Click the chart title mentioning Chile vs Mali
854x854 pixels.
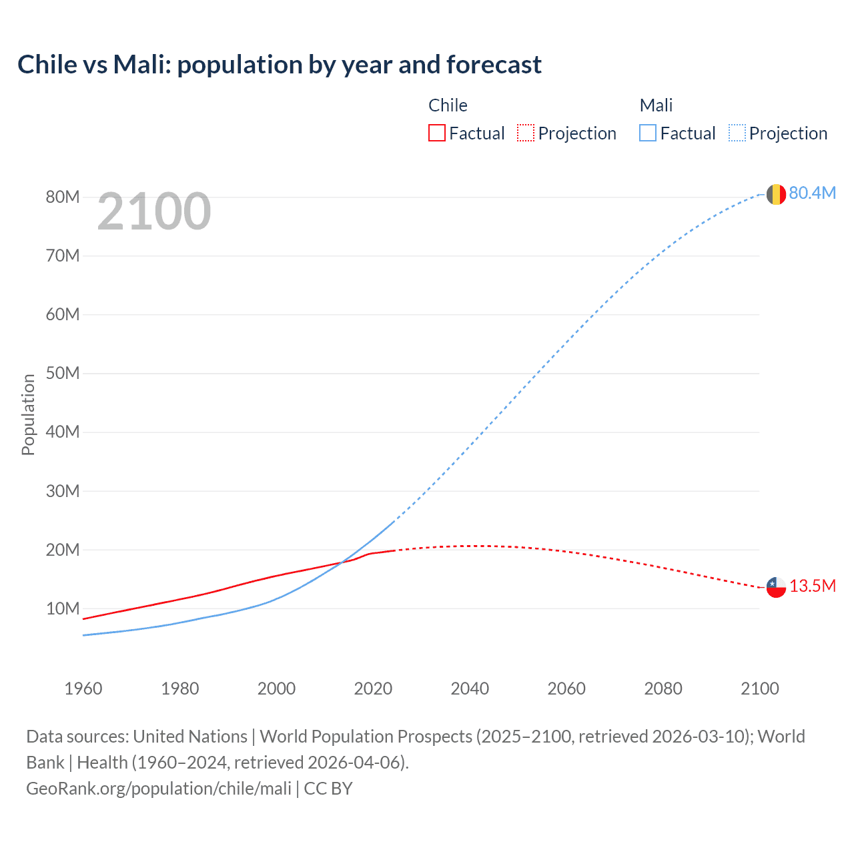coord(279,65)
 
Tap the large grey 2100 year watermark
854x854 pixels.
coord(154,212)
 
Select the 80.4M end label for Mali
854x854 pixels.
coord(812,193)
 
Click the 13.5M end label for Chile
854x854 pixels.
coord(812,586)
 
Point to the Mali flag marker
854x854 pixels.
coord(776,194)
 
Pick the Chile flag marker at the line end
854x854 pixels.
coord(776,587)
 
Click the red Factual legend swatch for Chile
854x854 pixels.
coord(436,133)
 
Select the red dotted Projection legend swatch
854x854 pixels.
coord(526,133)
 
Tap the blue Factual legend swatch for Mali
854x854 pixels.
coord(648,133)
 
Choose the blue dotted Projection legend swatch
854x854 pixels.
coord(737,133)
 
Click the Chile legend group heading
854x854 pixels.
coord(448,105)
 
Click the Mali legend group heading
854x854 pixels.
coord(656,105)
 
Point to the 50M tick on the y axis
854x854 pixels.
coord(63,374)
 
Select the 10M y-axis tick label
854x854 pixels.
coord(63,609)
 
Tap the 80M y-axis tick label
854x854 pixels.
coord(63,197)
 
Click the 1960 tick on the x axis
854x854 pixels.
coord(83,689)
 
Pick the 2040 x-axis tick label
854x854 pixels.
coord(470,689)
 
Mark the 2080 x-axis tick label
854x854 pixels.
coord(663,689)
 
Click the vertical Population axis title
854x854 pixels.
coord(28,414)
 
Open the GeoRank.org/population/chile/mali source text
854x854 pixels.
coord(159,789)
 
